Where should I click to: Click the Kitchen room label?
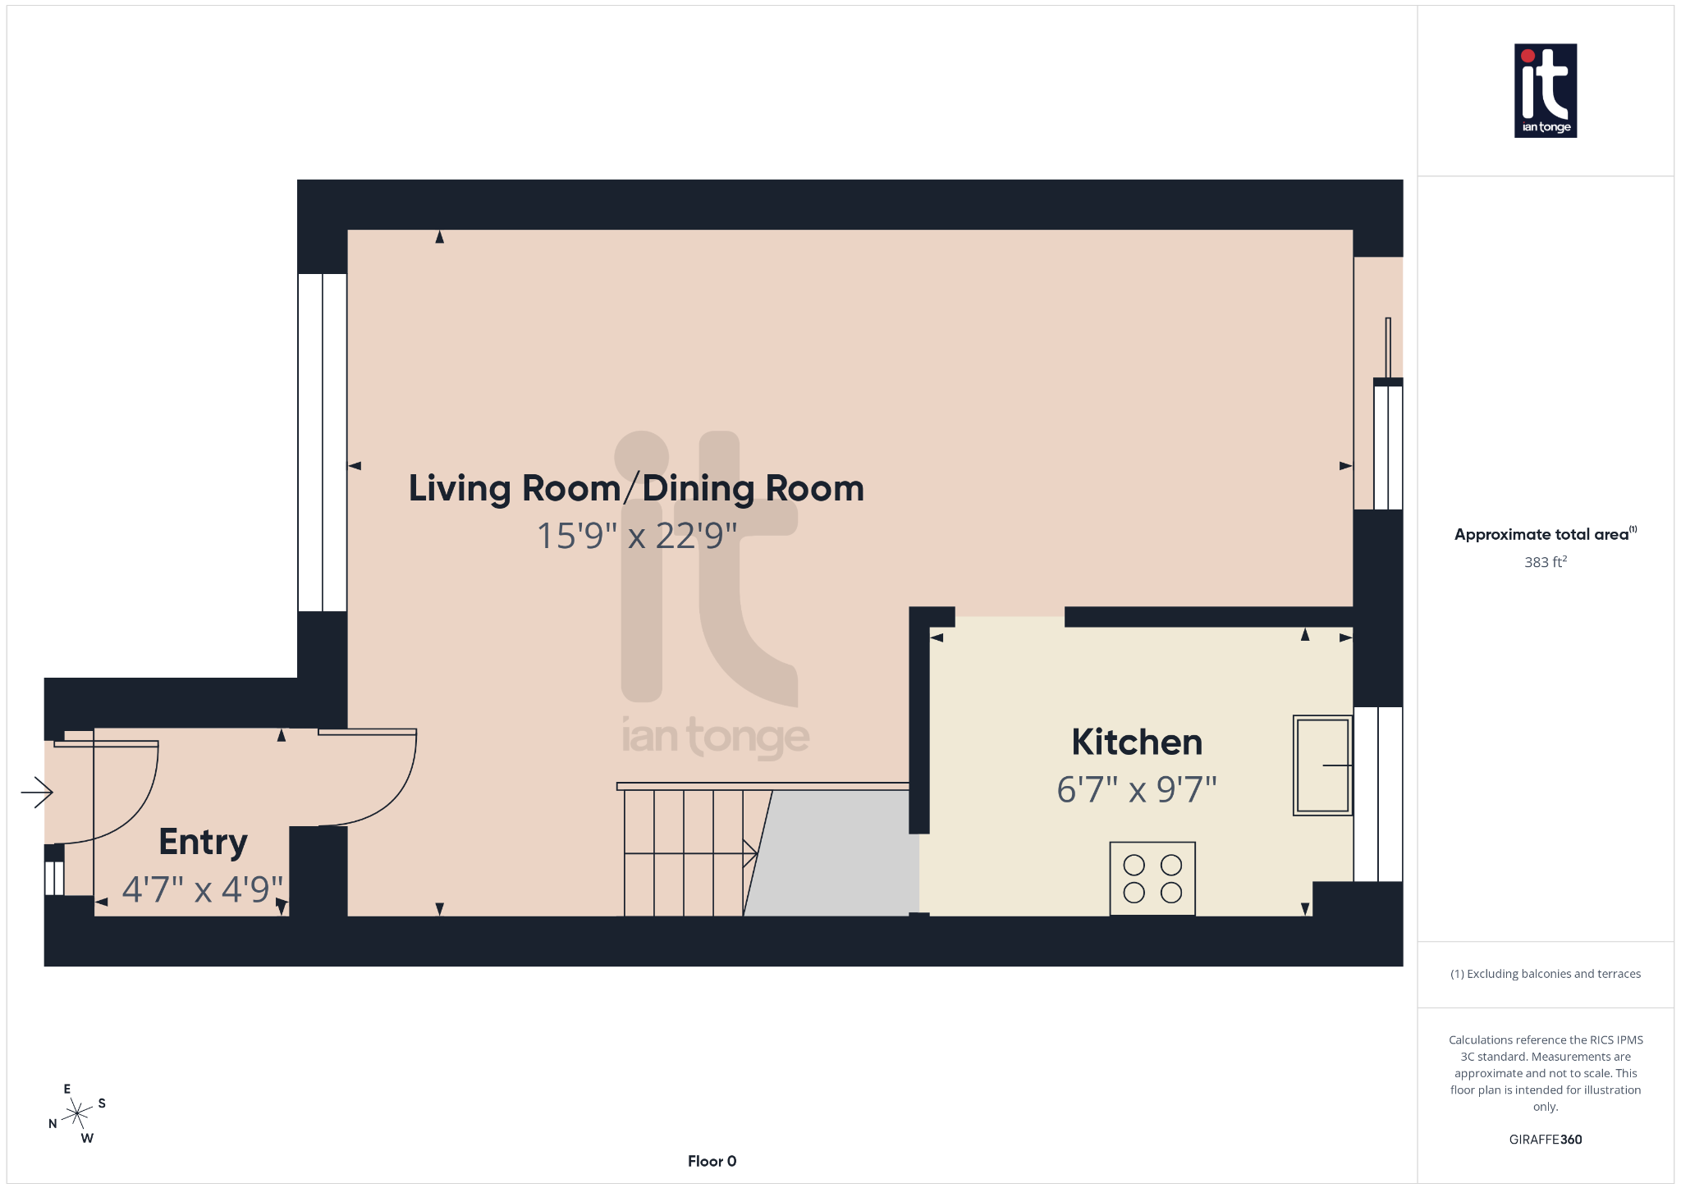click(x=1137, y=742)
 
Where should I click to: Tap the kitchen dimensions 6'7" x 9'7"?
click(x=1136, y=790)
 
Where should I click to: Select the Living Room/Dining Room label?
click(x=636, y=488)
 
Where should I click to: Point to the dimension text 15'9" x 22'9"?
click(x=636, y=536)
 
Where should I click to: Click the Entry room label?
click(x=203, y=843)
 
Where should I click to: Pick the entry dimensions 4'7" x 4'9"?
click(x=202, y=889)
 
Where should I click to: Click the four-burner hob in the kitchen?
click(x=1152, y=879)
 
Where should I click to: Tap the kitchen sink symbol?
click(x=1322, y=765)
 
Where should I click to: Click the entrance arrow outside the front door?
click(x=37, y=793)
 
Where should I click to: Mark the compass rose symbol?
click(x=77, y=1113)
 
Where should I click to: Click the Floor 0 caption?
click(x=712, y=1161)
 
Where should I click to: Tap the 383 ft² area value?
click(x=1545, y=562)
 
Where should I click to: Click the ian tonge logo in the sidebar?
click(x=1545, y=90)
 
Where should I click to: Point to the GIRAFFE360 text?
click(x=1545, y=1140)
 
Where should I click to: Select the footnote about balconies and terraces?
click(x=1545, y=974)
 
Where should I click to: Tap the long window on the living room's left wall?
click(x=323, y=443)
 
